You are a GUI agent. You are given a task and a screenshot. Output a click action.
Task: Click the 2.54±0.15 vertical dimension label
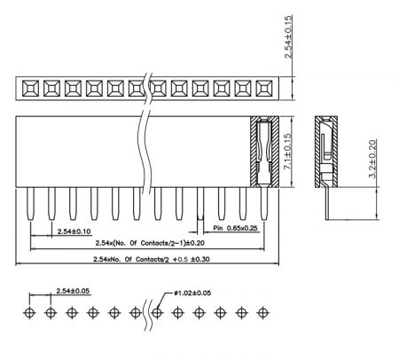tap(288, 36)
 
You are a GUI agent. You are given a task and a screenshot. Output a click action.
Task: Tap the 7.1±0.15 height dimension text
tap(287, 152)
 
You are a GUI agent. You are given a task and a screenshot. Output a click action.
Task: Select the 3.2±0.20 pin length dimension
tap(373, 159)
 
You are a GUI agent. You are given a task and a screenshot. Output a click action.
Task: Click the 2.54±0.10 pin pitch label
tap(74, 231)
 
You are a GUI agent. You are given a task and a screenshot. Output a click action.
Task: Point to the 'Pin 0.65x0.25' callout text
tap(235, 228)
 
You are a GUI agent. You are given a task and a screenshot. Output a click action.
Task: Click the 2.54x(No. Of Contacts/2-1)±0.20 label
tap(150, 243)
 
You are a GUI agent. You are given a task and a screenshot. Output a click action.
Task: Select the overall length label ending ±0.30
tap(152, 259)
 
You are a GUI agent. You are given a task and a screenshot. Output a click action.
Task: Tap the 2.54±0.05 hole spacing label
tap(73, 291)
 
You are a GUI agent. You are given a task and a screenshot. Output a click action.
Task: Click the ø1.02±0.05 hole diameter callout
tap(192, 293)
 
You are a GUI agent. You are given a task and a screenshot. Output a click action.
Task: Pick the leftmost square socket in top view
tap(30, 89)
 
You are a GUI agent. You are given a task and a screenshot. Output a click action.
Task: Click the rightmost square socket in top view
tap(264, 89)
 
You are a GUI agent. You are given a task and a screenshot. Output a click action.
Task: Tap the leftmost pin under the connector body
tap(30, 204)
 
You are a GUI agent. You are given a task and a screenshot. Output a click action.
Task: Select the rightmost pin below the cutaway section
tap(264, 204)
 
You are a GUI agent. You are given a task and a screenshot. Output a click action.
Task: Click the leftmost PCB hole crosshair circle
tap(29, 312)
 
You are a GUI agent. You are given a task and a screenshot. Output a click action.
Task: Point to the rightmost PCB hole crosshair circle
tap(262, 312)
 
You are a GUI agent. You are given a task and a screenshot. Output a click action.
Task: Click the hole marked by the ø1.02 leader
tap(157, 312)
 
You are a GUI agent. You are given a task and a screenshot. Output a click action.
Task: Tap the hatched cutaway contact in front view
tap(264, 152)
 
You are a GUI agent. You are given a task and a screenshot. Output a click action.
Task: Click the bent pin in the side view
tap(327, 203)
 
